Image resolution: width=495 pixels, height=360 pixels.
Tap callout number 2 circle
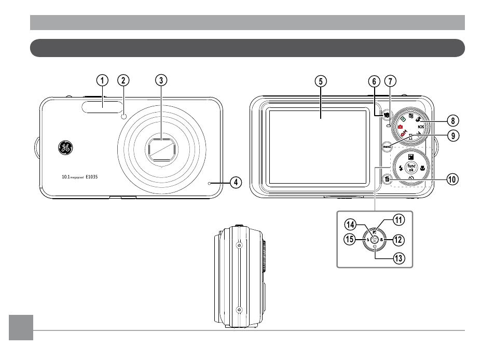(x=123, y=80)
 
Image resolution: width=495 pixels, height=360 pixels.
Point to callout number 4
(x=236, y=182)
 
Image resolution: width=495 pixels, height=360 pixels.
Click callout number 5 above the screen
(x=321, y=81)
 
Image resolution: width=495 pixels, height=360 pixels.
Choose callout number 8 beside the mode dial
(x=452, y=121)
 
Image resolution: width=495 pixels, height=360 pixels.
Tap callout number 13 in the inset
(x=398, y=257)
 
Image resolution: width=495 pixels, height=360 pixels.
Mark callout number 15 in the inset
(x=350, y=240)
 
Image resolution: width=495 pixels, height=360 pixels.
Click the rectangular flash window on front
(x=103, y=106)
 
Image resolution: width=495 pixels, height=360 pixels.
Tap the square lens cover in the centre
(x=162, y=150)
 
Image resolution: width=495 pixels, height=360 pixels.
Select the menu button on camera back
(x=387, y=147)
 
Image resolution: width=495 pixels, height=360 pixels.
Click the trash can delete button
(x=387, y=180)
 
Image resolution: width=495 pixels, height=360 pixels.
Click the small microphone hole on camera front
(x=210, y=183)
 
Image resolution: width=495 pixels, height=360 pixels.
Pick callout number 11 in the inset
(x=398, y=220)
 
